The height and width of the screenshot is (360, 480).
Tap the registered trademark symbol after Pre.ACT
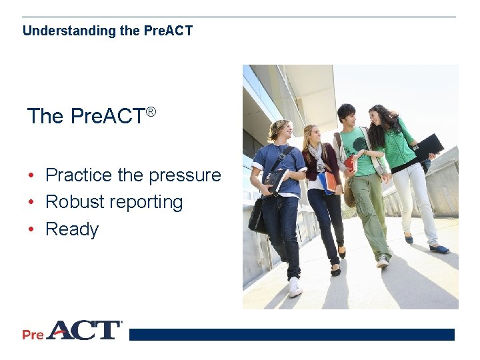coord(151,111)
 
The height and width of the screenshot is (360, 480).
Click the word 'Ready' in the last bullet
coord(72,229)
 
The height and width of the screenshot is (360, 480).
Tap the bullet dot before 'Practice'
coord(31,176)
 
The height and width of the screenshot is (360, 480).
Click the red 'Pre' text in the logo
coord(33,334)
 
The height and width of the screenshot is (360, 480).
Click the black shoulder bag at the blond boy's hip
coord(257,217)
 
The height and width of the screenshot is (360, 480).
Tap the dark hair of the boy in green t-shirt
coord(346,109)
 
